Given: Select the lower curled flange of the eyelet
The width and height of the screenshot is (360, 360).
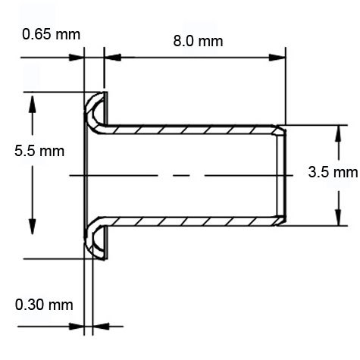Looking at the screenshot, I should click(x=96, y=241).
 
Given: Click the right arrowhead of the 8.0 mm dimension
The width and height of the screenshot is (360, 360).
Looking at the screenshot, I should click(x=280, y=57).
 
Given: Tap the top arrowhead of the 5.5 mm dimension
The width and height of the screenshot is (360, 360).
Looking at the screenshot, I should click(x=33, y=101).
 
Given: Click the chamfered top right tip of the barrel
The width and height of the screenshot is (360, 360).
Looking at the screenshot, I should click(x=282, y=131).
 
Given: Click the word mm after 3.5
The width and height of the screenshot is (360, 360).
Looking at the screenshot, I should click(x=346, y=172).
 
